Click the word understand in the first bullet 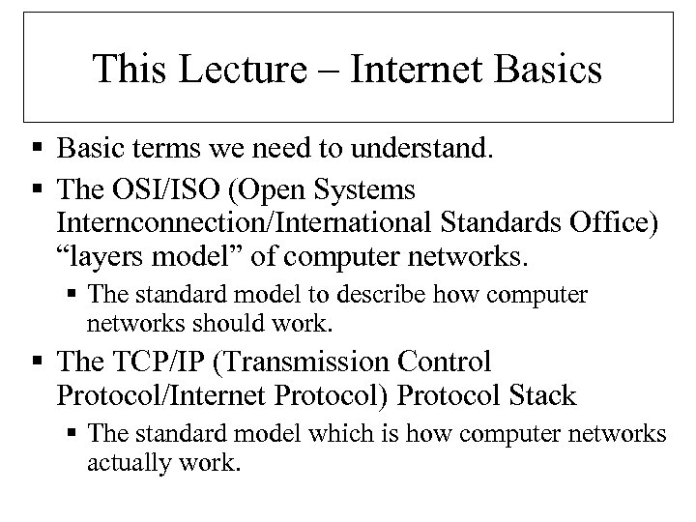[424, 151]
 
